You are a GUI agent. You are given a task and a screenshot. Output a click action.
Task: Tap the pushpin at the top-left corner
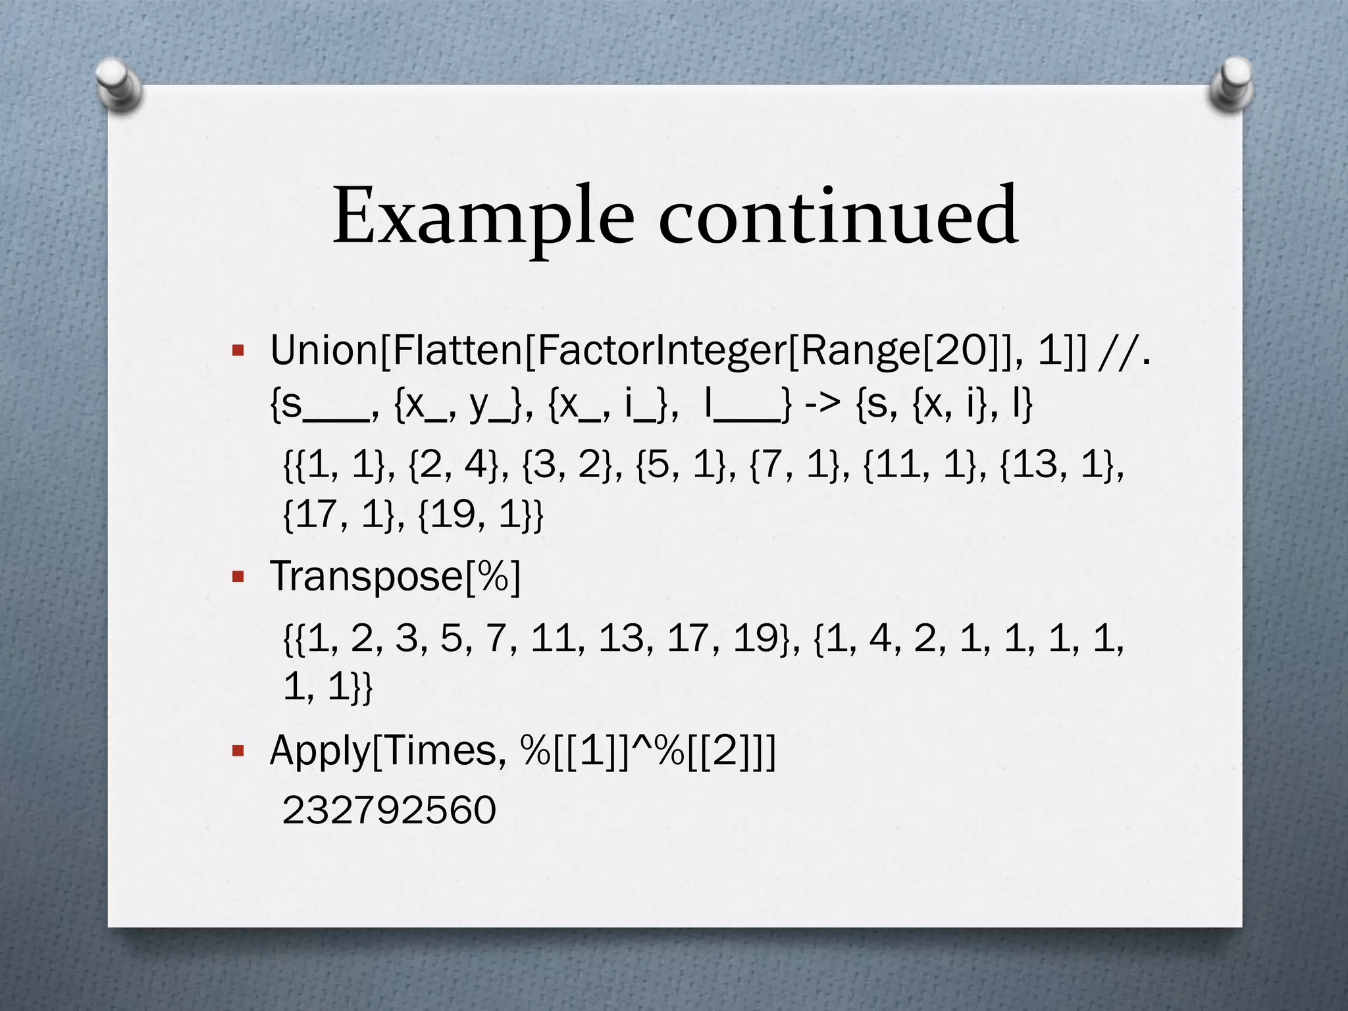coord(119,84)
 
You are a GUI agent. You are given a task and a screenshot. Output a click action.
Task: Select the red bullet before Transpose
coord(238,577)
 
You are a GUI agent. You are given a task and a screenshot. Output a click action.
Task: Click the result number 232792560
coord(389,810)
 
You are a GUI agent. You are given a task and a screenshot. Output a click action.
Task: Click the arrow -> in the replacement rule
coord(823,404)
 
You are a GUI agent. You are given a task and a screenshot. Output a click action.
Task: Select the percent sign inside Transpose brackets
coord(493,577)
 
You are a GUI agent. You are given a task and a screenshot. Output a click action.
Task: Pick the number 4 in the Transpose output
coord(880,638)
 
